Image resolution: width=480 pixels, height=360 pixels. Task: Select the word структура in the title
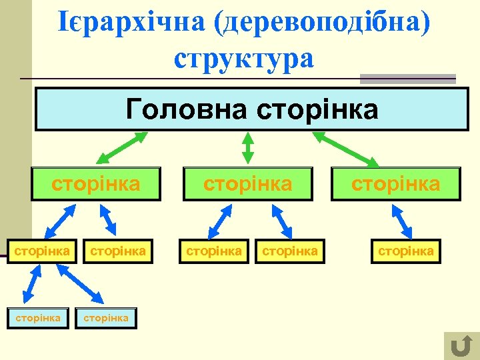tap(243, 58)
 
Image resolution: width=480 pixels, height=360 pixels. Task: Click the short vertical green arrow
tap(248, 147)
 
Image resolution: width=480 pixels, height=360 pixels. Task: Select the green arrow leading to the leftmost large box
tap(122, 147)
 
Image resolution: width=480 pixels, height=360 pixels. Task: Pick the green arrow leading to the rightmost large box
tap(345, 148)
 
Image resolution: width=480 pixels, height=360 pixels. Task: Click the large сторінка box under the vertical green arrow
tap(248, 184)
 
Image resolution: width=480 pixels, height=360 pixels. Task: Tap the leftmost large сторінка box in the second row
tap(96, 184)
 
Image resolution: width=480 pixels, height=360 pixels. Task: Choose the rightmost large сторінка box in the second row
tap(396, 184)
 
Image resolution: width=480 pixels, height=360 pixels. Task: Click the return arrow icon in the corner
tap(459, 345)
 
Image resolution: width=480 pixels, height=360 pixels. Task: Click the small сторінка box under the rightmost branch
tap(406, 251)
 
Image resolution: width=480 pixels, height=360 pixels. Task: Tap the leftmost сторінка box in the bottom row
tap(38, 318)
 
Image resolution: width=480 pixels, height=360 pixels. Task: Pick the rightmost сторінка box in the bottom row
tap(106, 318)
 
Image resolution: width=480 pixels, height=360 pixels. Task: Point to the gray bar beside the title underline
tap(407, 79)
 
